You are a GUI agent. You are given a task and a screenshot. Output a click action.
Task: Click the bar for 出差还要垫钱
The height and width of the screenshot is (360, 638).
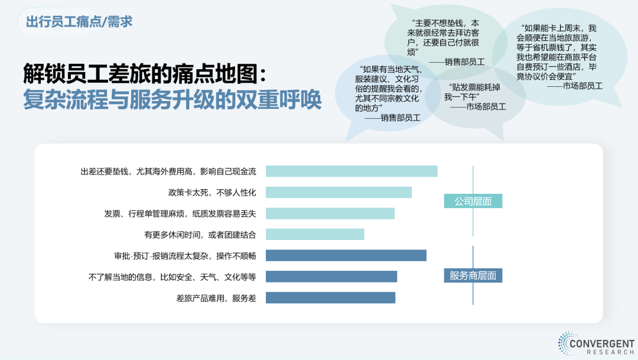click(x=351, y=171)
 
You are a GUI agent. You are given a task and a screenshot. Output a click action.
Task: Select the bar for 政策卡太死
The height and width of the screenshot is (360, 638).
click(x=338, y=192)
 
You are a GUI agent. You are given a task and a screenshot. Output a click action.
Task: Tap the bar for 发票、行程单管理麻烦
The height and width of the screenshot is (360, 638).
click(x=330, y=213)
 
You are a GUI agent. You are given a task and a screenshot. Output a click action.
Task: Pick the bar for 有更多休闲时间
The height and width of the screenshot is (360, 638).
click(x=315, y=234)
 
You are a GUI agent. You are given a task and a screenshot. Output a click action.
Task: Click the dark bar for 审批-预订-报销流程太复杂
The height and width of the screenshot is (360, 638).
click(x=346, y=255)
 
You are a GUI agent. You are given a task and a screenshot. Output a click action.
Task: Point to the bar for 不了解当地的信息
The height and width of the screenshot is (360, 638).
click(x=331, y=277)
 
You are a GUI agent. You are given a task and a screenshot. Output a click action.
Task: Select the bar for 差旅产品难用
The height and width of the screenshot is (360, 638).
click(x=330, y=298)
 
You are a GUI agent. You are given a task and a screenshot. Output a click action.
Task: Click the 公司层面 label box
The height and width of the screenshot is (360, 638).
click(x=473, y=201)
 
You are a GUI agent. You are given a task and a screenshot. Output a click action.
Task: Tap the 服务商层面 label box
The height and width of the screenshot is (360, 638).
click(x=473, y=275)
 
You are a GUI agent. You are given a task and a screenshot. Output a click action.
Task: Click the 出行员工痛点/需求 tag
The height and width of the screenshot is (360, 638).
click(x=79, y=22)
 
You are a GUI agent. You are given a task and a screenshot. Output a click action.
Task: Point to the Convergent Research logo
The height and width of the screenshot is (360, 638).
click(x=596, y=343)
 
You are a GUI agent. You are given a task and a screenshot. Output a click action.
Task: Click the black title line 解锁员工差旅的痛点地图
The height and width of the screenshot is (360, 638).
click(x=145, y=74)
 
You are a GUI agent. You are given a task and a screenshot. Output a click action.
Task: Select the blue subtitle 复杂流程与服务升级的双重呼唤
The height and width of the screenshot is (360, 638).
click(x=172, y=99)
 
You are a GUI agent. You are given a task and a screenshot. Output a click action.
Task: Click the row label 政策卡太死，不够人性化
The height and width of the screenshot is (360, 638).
click(x=213, y=193)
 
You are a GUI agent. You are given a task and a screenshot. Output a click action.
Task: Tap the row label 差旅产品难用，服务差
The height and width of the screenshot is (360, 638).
click(x=216, y=298)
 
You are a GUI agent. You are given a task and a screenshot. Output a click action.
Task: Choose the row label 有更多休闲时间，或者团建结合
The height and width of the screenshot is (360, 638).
click(x=200, y=235)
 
